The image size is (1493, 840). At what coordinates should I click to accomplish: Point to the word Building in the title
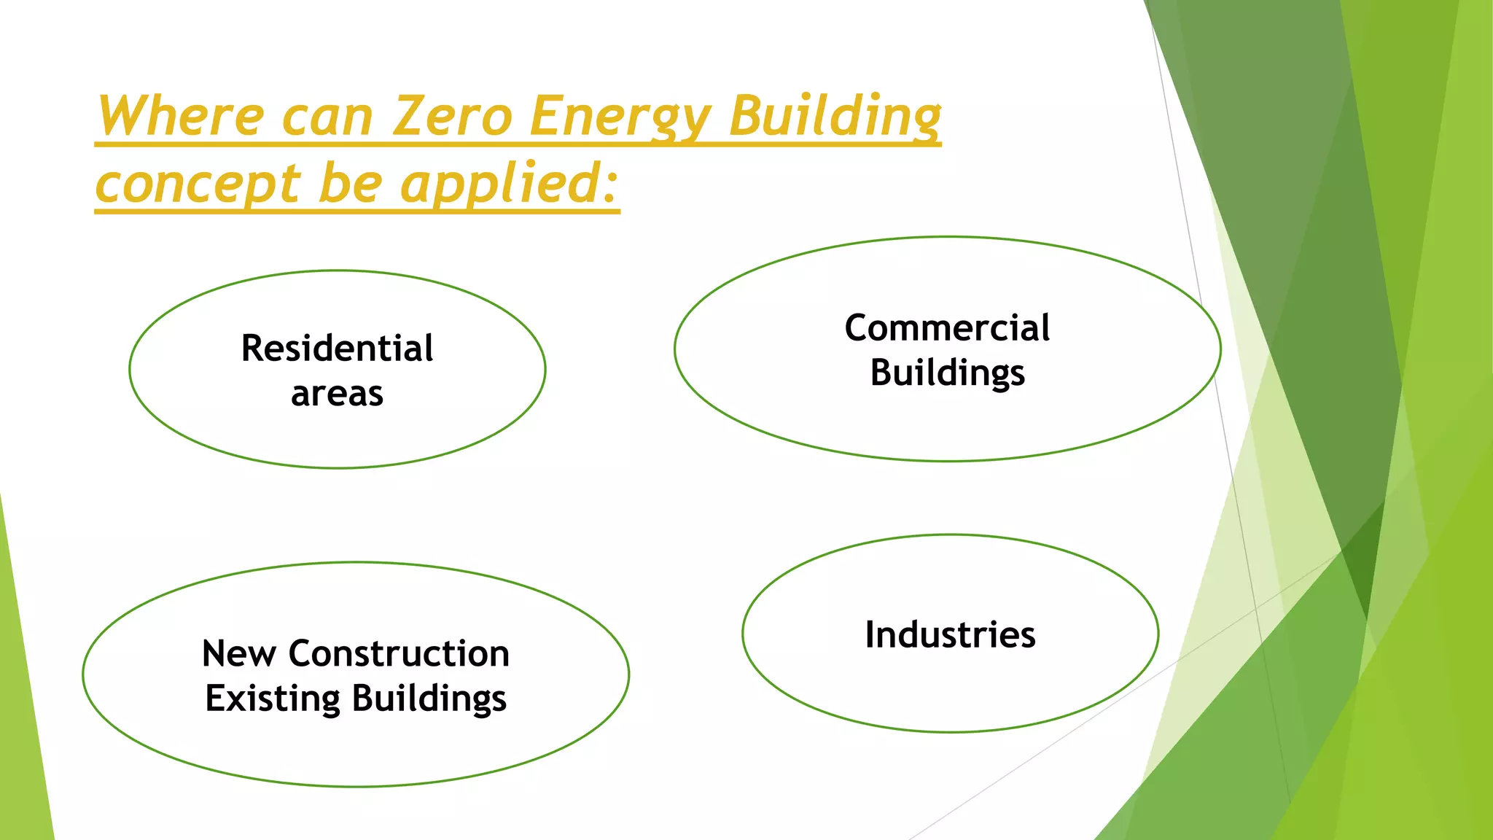(835, 117)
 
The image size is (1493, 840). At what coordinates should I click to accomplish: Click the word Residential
(337, 349)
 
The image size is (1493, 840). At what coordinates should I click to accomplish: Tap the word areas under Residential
(337, 394)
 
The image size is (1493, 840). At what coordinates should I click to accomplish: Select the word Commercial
(947, 328)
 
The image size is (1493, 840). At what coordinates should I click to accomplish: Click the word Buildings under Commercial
(947, 373)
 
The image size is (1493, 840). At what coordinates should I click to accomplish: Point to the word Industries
(950, 634)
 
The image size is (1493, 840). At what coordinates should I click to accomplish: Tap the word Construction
(399, 653)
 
